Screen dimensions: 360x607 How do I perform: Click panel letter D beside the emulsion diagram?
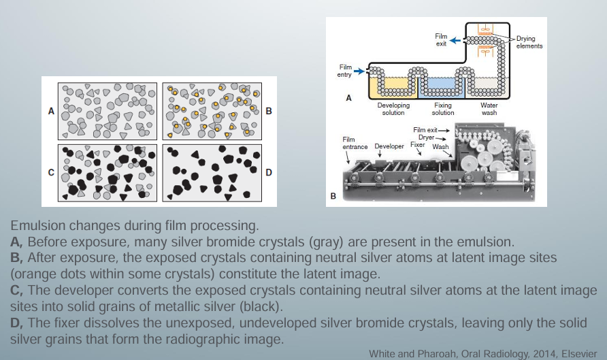(x=268, y=173)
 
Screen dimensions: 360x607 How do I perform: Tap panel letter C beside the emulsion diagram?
(x=51, y=173)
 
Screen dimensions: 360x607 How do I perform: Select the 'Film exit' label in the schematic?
(x=441, y=40)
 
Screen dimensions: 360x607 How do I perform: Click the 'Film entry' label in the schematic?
(x=345, y=70)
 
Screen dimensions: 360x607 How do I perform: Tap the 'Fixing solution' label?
(x=443, y=109)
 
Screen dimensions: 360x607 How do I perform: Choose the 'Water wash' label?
(x=489, y=109)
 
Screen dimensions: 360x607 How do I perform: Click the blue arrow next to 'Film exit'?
(x=455, y=41)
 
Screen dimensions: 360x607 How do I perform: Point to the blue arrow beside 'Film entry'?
(x=360, y=69)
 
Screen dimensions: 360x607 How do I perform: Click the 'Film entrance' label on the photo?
(x=354, y=143)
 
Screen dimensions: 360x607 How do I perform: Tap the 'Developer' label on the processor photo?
(x=389, y=146)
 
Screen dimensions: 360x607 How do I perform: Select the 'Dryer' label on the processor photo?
(x=426, y=137)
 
